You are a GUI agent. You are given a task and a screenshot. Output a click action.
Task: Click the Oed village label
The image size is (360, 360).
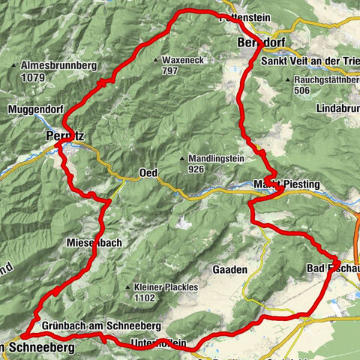pyautogui.click(x=147, y=173)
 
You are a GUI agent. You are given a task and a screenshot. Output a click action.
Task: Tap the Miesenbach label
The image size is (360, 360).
pyautogui.click(x=94, y=242)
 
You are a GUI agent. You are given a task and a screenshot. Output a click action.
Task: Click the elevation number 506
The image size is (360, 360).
pyautogui.click(x=301, y=90)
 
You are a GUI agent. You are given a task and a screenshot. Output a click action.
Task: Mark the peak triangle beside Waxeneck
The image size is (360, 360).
pyautogui.click(x=155, y=60)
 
